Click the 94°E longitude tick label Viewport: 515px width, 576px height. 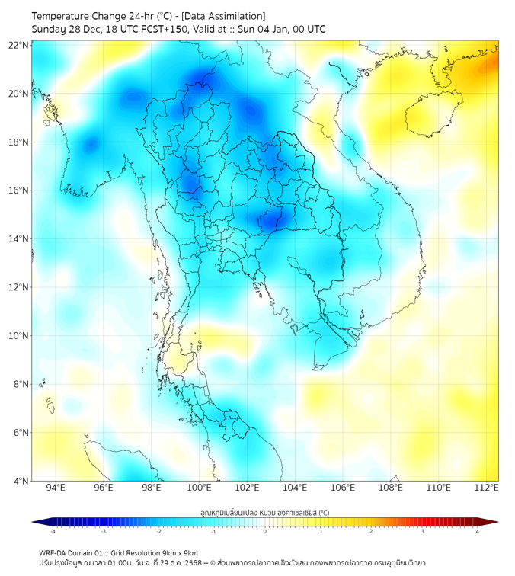click(x=56, y=488)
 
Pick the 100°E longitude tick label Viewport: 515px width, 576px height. click(x=200, y=488)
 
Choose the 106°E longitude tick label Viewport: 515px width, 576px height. click(x=343, y=488)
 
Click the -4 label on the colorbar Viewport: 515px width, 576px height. click(x=53, y=531)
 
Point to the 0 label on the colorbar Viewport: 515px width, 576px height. click(x=265, y=531)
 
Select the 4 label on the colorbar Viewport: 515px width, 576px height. click(x=478, y=531)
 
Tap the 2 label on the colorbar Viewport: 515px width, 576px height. click(x=372, y=531)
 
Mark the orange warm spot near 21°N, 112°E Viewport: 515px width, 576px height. click(x=485, y=69)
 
